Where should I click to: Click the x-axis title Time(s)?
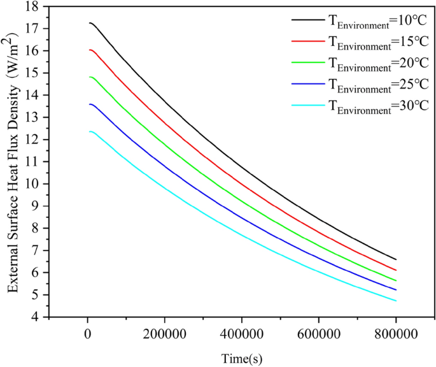pos(242,357)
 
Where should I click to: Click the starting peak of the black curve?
pos(90,23)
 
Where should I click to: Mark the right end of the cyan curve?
pos(395,301)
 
